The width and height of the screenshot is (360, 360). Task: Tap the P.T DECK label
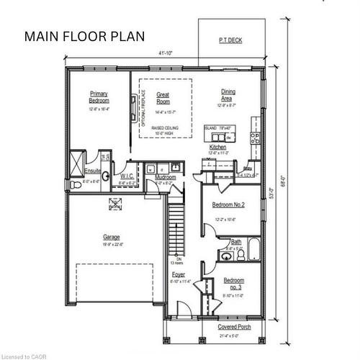tap(230, 41)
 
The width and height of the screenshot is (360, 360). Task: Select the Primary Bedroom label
tap(99, 96)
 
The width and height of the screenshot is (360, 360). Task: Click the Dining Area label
tap(228, 96)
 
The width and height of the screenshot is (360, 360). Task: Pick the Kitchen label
tap(217, 147)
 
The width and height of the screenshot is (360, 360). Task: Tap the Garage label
tap(111, 237)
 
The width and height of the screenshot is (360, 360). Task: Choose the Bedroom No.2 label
tap(229, 204)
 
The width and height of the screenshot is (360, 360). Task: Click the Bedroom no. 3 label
tap(233, 283)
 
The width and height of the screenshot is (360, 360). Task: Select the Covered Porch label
tap(233, 327)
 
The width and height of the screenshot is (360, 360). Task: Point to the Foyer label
tap(178, 274)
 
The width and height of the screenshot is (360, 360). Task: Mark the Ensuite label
tap(93, 171)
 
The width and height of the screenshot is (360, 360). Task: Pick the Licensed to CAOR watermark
tap(23, 355)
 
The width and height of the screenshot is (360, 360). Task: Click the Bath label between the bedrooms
tap(235, 242)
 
